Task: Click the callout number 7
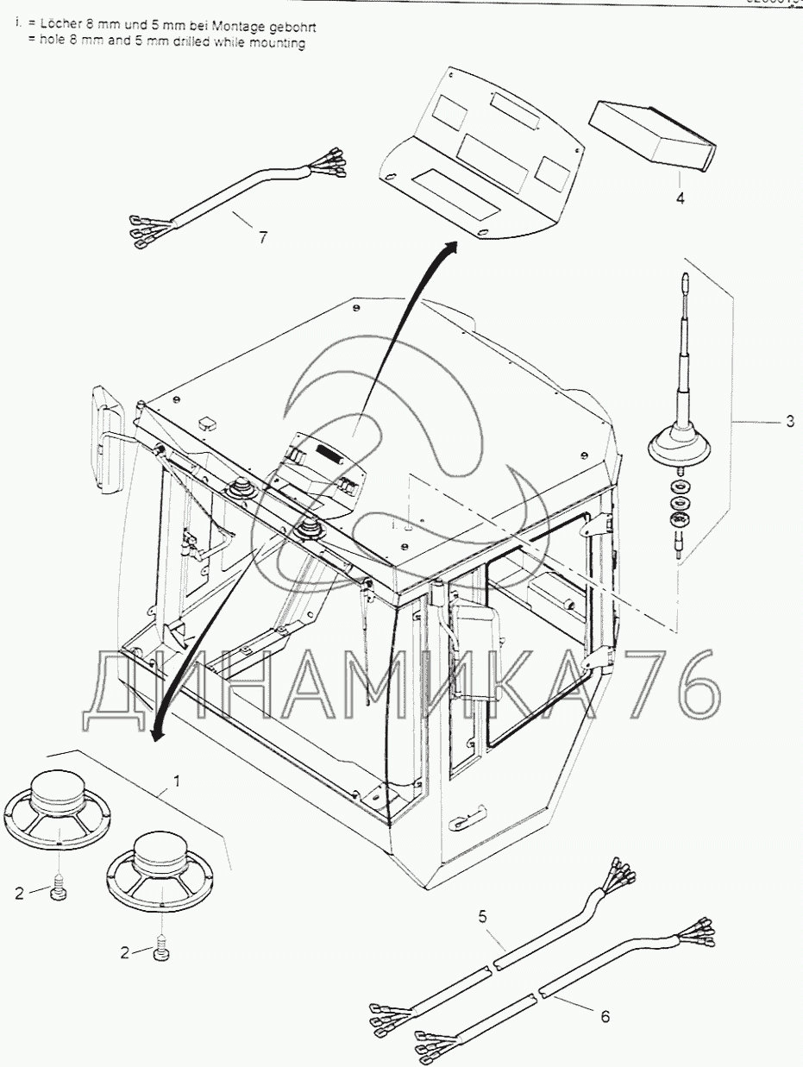tap(263, 238)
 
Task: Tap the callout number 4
tap(681, 198)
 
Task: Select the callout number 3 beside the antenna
tap(789, 422)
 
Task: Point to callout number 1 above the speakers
tap(177, 781)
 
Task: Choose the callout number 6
tap(605, 1017)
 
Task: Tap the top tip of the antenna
tap(684, 278)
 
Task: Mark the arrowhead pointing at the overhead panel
tap(449, 248)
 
